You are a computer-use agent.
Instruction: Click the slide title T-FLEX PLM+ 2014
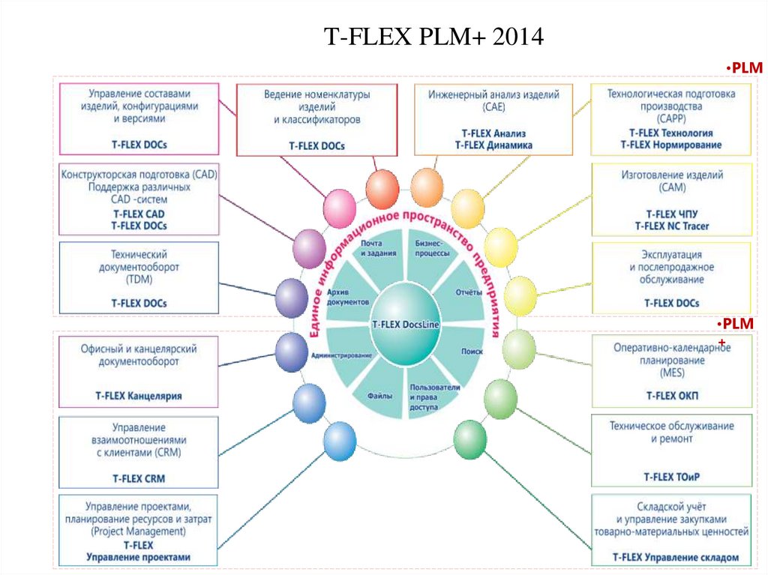click(x=433, y=37)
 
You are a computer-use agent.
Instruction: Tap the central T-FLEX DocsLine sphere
click(x=406, y=323)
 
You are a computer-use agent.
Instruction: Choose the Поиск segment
click(x=471, y=350)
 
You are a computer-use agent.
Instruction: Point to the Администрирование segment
click(x=342, y=354)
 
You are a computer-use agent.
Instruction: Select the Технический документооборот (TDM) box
click(x=139, y=277)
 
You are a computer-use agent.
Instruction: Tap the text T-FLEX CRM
click(x=139, y=478)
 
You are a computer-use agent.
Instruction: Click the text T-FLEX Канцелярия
click(x=139, y=395)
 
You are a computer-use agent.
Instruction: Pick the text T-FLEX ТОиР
click(x=671, y=476)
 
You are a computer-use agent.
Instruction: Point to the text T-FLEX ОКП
click(x=671, y=394)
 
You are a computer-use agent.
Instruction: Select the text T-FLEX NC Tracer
click(x=671, y=226)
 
